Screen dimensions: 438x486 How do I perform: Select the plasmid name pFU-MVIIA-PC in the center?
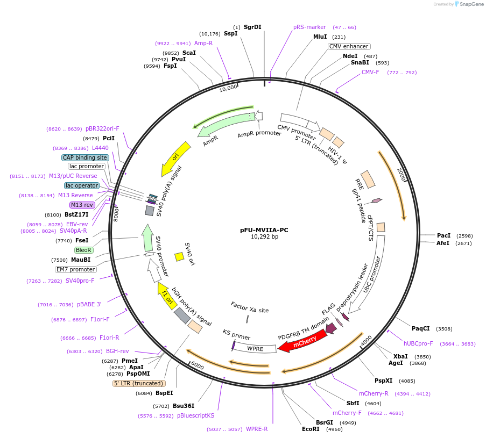pos(264,230)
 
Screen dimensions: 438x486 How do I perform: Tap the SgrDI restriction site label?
pos(252,27)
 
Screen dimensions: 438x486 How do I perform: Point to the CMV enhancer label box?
pos(349,46)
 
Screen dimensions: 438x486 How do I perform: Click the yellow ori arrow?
pos(176,158)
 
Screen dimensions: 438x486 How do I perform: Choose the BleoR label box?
pos(84,250)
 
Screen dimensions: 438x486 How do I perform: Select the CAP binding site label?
pos(85,157)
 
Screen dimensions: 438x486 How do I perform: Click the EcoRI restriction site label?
pos(311,429)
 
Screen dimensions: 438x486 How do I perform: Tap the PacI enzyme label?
pos(444,235)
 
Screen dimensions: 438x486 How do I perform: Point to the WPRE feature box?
pos(254,349)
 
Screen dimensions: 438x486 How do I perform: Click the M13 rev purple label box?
pos(82,205)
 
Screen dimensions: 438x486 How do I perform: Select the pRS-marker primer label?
pos(309,27)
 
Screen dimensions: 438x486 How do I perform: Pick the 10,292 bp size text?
pos(264,237)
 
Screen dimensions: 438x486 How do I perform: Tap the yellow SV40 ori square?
pos(179,257)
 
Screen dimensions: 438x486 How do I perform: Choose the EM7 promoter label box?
pos(75,269)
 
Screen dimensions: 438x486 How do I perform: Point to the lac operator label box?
pos(81,185)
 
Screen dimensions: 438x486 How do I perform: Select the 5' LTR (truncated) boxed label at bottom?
pos(139,383)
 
